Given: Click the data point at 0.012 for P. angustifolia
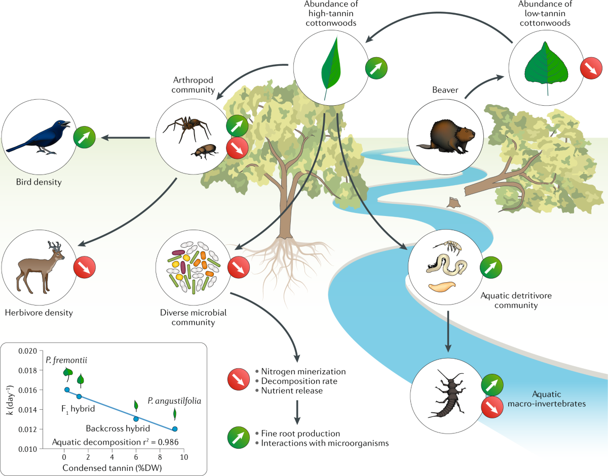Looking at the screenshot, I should (x=175, y=429).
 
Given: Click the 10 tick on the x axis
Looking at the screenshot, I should (x=184, y=457).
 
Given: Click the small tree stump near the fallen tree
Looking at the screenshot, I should (x=453, y=202).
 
